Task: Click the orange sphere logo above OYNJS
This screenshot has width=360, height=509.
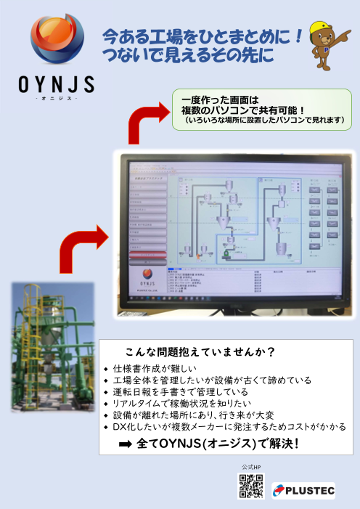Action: [55, 43]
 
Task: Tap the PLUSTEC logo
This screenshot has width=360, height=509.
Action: [303, 492]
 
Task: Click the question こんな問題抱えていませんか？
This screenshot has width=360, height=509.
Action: [200, 353]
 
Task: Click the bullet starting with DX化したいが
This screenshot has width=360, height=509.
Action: [218, 427]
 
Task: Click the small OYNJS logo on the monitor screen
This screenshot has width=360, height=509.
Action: [144, 276]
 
